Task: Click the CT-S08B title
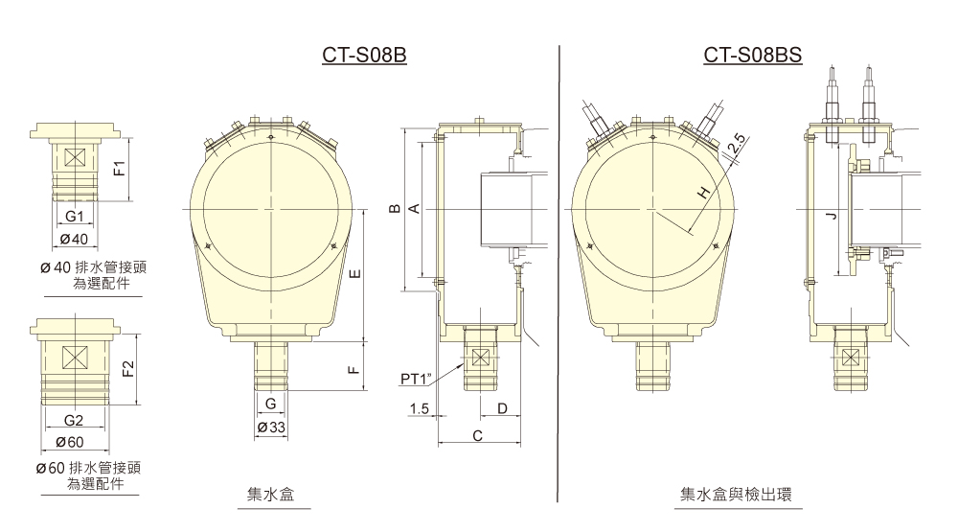(365, 57)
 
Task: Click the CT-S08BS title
(752, 57)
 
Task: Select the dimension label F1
(118, 170)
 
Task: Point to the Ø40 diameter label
(74, 238)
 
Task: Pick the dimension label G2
(74, 421)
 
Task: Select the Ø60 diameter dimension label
(74, 441)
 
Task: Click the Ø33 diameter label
(272, 427)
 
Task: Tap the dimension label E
(354, 275)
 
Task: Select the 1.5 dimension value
(418, 409)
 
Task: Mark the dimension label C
(477, 437)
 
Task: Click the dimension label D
(502, 409)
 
